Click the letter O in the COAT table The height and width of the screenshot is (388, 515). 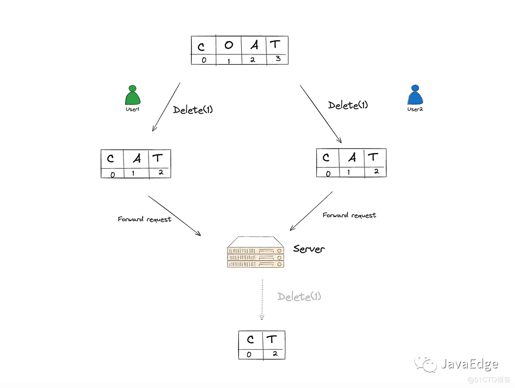click(229, 45)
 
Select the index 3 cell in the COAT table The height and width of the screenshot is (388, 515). click(278, 59)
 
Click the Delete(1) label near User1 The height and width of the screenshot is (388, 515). click(193, 110)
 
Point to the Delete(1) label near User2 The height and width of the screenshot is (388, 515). click(348, 105)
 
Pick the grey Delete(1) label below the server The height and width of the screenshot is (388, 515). click(299, 296)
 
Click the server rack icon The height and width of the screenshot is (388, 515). click(256, 252)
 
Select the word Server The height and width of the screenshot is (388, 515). click(309, 249)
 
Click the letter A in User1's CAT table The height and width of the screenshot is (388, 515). click(136, 158)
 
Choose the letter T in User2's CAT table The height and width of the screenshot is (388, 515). click(373, 157)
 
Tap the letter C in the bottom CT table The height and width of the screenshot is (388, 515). click(251, 339)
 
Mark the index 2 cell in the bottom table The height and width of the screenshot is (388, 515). click(274, 353)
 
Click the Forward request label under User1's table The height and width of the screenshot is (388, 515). click(145, 219)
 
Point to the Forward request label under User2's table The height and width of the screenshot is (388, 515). click(349, 215)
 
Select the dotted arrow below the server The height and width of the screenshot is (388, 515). click(262, 299)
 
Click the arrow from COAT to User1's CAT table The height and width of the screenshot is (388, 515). click(166, 106)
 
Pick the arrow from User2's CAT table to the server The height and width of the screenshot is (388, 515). click(311, 211)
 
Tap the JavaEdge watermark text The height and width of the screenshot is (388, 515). click(469, 364)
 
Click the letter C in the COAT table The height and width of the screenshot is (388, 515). click(201, 47)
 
